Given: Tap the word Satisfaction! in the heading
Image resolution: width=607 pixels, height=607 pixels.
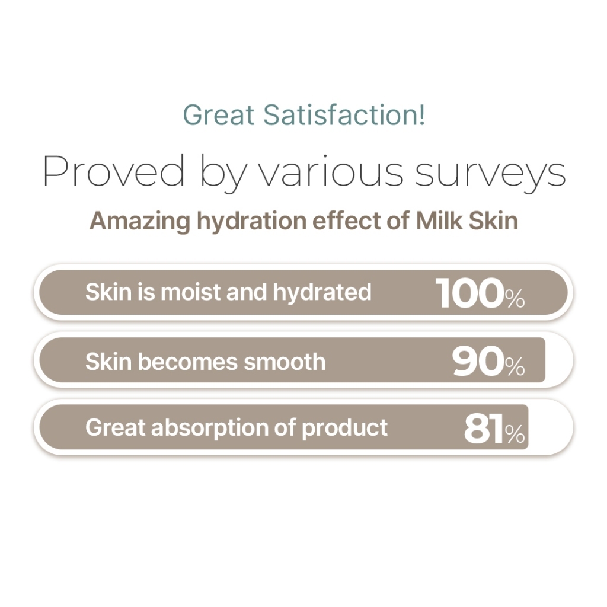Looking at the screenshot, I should click(x=344, y=114).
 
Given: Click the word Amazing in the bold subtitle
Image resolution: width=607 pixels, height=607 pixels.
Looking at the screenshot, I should click(x=140, y=221).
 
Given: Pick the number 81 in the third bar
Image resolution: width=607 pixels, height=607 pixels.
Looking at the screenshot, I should click(x=484, y=429).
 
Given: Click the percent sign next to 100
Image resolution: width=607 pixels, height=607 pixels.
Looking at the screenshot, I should click(x=515, y=299).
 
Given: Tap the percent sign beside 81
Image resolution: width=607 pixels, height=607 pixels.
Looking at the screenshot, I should click(x=515, y=435).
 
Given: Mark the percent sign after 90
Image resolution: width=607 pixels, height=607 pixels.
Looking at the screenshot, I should click(x=515, y=367).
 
